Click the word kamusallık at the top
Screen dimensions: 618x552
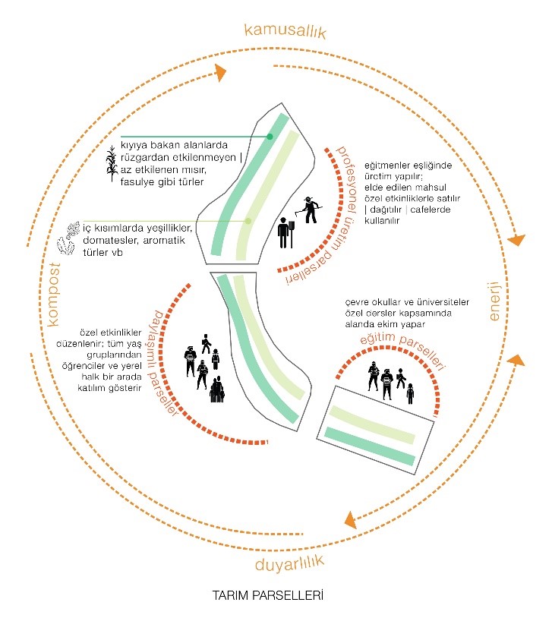[285, 31]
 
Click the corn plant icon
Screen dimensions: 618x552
[113, 163]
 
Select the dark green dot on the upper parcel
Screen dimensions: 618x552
[270, 137]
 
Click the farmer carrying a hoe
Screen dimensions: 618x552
[308, 210]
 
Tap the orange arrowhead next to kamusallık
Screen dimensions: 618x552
[220, 72]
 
